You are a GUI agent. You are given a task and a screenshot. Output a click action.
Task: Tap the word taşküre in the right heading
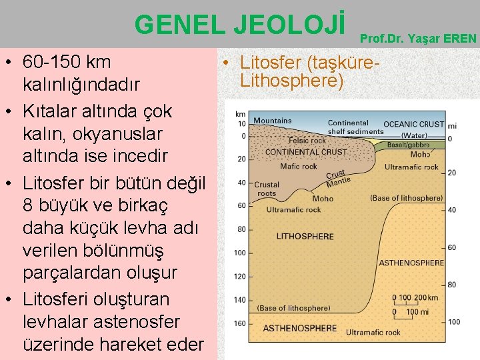click(339, 63)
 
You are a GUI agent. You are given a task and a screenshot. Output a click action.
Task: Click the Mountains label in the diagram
click(272, 121)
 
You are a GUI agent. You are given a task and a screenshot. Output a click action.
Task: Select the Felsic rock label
click(307, 141)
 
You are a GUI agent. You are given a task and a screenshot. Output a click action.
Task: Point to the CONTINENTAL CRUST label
click(305, 152)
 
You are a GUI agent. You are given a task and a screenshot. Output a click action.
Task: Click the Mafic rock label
click(299, 167)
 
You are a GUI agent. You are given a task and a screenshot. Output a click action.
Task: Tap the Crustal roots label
click(267, 189)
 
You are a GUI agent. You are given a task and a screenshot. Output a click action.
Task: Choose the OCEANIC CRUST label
click(414, 124)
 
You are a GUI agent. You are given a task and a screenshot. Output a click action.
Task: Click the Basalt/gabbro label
click(408, 145)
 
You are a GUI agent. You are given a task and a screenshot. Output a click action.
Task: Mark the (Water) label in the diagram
click(414, 135)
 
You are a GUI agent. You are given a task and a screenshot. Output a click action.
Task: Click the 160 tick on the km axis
click(241, 324)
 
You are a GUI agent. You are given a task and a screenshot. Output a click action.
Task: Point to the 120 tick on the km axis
click(241, 277)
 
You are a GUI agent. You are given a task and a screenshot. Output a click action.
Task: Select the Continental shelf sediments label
click(355, 127)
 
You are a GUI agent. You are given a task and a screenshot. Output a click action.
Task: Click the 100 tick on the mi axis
click(454, 322)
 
